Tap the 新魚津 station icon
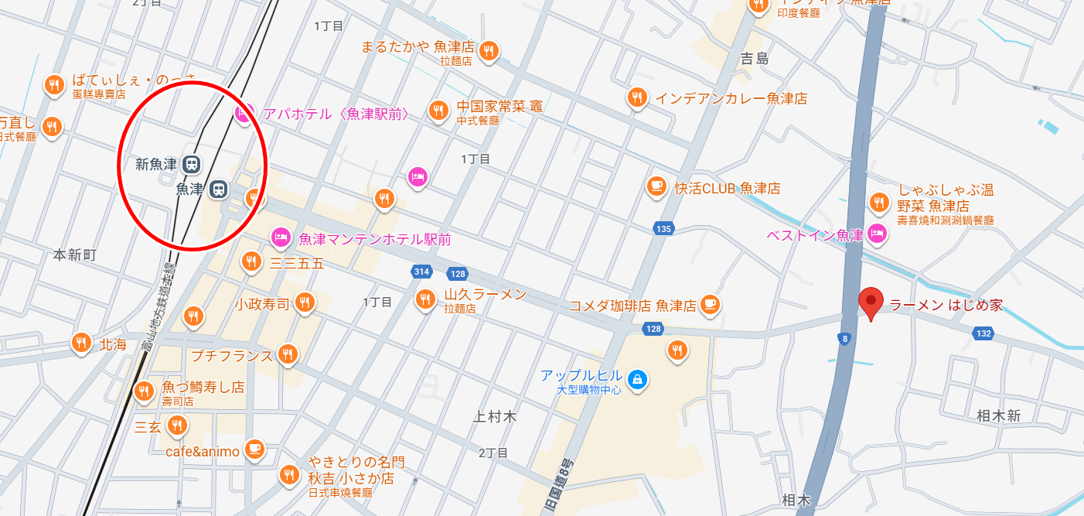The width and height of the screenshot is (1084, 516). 191,164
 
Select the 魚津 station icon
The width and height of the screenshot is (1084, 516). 220,189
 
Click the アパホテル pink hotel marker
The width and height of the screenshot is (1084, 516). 243,114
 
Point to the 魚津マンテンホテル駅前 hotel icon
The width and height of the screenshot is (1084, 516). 281,237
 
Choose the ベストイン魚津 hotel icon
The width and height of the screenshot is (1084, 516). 876,232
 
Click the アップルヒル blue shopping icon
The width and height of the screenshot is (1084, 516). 638,379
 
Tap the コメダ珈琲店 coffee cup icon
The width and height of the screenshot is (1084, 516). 711,304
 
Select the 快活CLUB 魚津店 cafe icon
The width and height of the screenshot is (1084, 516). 656,186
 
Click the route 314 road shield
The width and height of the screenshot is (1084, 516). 421,272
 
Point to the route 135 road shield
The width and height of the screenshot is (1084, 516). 663,228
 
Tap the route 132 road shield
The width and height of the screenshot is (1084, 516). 983,333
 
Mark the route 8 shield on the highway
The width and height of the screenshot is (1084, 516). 844,338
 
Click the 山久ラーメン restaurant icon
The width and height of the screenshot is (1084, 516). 425,299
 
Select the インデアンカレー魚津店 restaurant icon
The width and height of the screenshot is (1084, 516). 636,97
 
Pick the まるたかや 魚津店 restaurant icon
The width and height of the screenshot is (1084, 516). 488,51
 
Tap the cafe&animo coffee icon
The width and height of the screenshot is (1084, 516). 254,448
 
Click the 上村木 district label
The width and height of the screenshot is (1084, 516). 494,417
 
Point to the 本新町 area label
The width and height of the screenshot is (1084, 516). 75,255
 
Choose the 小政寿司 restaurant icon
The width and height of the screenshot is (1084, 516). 305,302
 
